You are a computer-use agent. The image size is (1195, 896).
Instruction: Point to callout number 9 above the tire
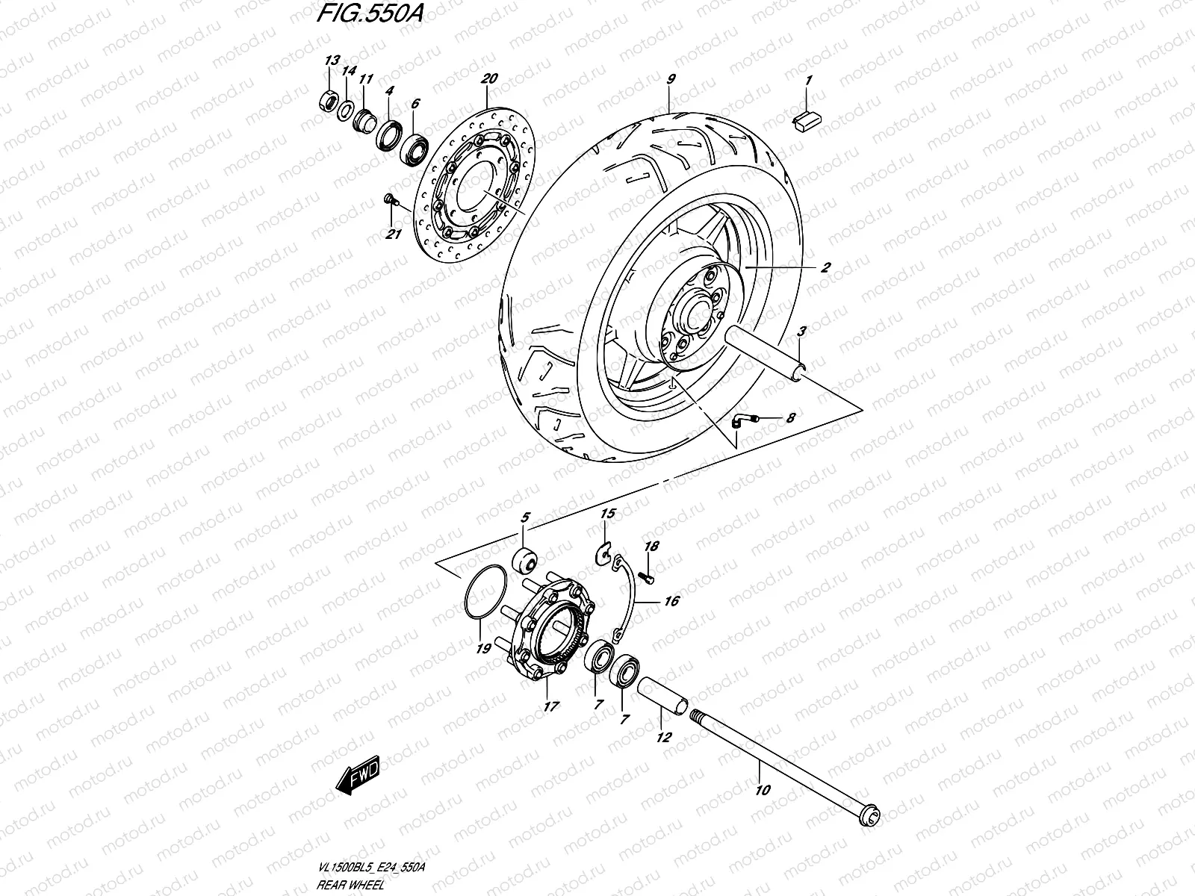[670, 78]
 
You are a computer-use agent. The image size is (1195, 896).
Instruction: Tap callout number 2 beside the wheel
[825, 267]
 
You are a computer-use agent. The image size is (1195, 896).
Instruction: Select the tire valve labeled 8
[740, 420]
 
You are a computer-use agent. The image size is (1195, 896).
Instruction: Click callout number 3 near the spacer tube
[801, 331]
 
